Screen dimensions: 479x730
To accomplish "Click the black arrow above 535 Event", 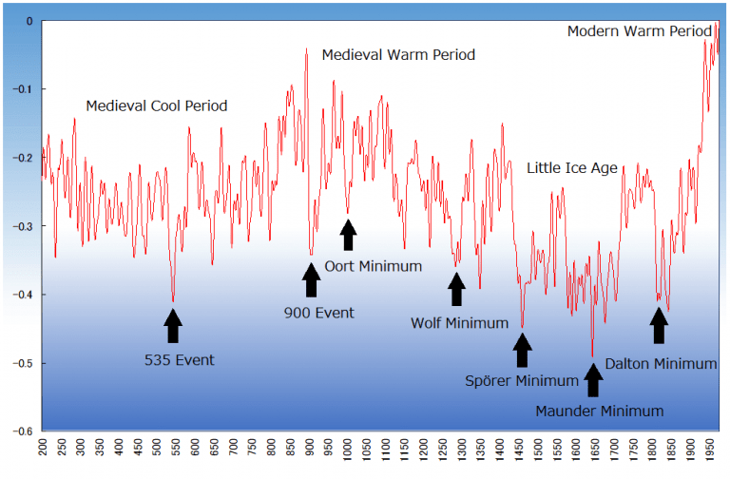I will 173,325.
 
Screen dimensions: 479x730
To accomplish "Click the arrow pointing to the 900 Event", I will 311,280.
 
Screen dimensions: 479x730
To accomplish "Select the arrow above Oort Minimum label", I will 348,235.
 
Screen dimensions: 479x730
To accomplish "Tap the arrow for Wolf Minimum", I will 456,290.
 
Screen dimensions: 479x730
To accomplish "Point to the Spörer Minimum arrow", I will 522,349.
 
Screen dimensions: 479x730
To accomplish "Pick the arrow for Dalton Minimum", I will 658,326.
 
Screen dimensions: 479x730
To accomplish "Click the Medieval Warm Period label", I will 398,55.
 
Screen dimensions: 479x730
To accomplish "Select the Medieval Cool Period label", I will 157,105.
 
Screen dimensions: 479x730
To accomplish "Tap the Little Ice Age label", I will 572,168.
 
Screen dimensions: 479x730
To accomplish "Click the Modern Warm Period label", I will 639,31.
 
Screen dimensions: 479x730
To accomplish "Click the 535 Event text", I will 180,360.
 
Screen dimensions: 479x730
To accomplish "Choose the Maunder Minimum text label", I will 599,412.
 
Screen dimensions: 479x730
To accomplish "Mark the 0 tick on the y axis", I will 29,21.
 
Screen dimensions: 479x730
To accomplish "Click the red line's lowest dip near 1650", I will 593,356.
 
